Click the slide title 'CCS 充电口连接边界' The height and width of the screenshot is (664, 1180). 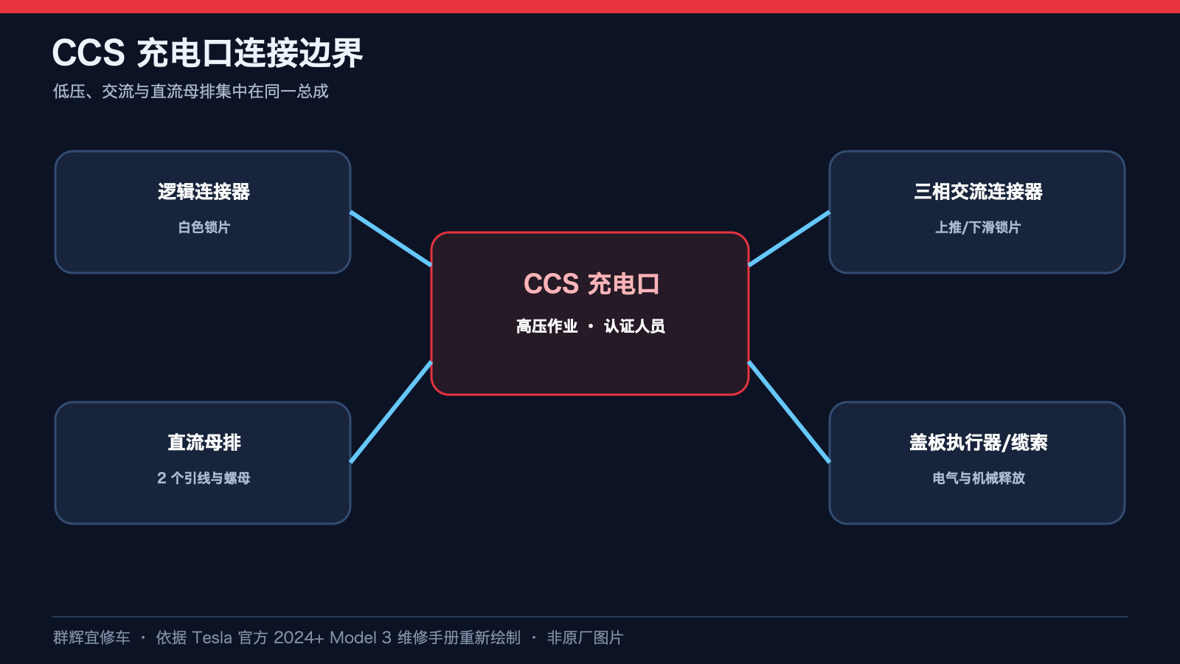point(207,52)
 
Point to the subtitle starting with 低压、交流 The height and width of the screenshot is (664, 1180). point(191,91)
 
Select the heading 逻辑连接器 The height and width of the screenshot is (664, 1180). point(204,191)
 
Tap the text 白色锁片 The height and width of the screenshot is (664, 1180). point(204,227)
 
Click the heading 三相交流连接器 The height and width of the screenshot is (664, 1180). point(978,191)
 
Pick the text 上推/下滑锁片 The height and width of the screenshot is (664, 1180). point(978,227)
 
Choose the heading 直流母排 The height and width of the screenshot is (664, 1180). point(204,442)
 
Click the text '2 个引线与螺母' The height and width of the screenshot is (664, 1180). point(204,478)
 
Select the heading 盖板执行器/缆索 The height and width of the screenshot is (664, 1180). point(978,442)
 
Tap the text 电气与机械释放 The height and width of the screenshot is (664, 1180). point(978,478)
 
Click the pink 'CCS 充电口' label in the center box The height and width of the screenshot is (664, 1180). point(591,283)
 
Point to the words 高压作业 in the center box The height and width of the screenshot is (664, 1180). point(546,326)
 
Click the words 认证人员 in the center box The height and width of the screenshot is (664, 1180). point(634,326)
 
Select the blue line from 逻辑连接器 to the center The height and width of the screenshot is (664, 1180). point(391,239)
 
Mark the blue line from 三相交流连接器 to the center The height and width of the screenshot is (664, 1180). point(789,239)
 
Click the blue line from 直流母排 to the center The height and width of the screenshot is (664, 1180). point(391,412)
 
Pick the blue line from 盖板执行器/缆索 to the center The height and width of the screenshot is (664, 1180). point(789,412)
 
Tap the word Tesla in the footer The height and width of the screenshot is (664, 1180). point(212,637)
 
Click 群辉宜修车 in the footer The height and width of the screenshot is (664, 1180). point(91,637)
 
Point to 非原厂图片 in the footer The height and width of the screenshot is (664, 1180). point(586,637)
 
